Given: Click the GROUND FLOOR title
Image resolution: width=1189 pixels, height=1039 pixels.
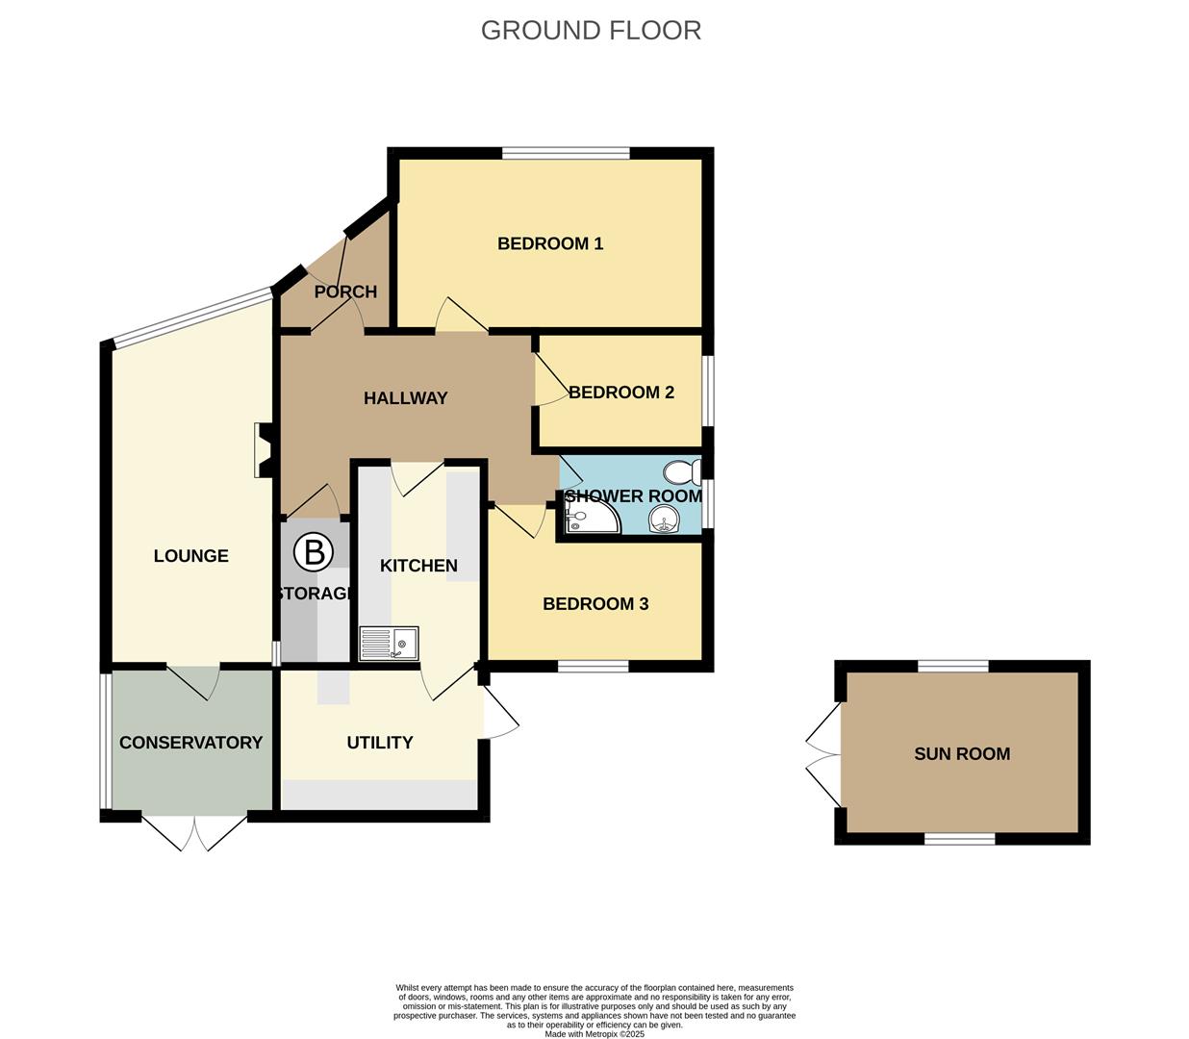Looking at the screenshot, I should tap(591, 31).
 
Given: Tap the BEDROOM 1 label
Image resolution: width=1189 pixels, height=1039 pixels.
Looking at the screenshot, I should tap(550, 243).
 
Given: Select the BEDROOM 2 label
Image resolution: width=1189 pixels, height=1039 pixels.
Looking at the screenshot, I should tap(621, 393).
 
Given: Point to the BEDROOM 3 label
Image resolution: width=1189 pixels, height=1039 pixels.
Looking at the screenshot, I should tap(595, 604).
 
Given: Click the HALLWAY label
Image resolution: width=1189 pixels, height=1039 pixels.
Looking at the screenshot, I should tap(406, 398).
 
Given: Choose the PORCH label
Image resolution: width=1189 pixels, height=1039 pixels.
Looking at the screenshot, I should tap(345, 291).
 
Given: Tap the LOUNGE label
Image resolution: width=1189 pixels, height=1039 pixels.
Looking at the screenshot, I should tap(191, 556).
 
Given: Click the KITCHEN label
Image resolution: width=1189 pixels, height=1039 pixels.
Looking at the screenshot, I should tap(418, 566).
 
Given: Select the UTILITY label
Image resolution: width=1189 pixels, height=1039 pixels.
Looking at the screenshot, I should tap(380, 743).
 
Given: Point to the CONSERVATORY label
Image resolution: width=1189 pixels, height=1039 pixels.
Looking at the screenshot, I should tap(190, 743).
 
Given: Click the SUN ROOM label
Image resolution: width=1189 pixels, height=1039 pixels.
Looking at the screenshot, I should tap(962, 754).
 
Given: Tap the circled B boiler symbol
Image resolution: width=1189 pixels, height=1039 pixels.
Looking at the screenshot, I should tap(313, 552).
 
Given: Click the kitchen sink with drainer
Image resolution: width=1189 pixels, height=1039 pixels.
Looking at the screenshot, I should tap(390, 643).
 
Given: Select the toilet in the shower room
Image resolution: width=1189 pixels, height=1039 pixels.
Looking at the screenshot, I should tap(682, 472).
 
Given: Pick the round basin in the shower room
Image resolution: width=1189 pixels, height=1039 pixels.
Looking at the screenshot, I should tap(664, 520).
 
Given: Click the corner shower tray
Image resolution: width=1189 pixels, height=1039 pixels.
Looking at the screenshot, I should tap(589, 518).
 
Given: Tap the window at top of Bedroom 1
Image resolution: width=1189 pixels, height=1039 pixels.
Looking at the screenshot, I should tap(566, 152).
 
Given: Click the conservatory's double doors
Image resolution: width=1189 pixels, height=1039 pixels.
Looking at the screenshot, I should tap(194, 833).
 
